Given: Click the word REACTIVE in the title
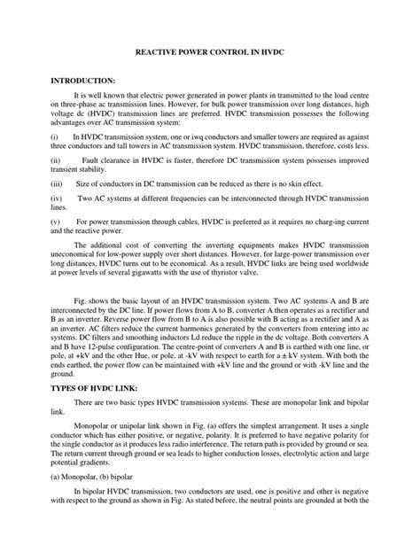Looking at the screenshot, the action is (153, 53).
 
